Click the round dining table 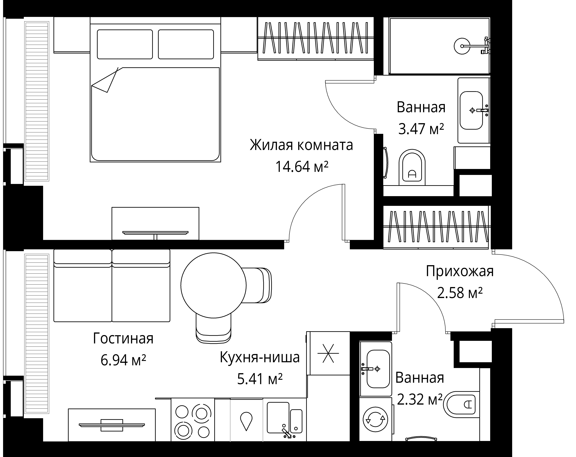tap(213, 285)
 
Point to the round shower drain tap(462, 46)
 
